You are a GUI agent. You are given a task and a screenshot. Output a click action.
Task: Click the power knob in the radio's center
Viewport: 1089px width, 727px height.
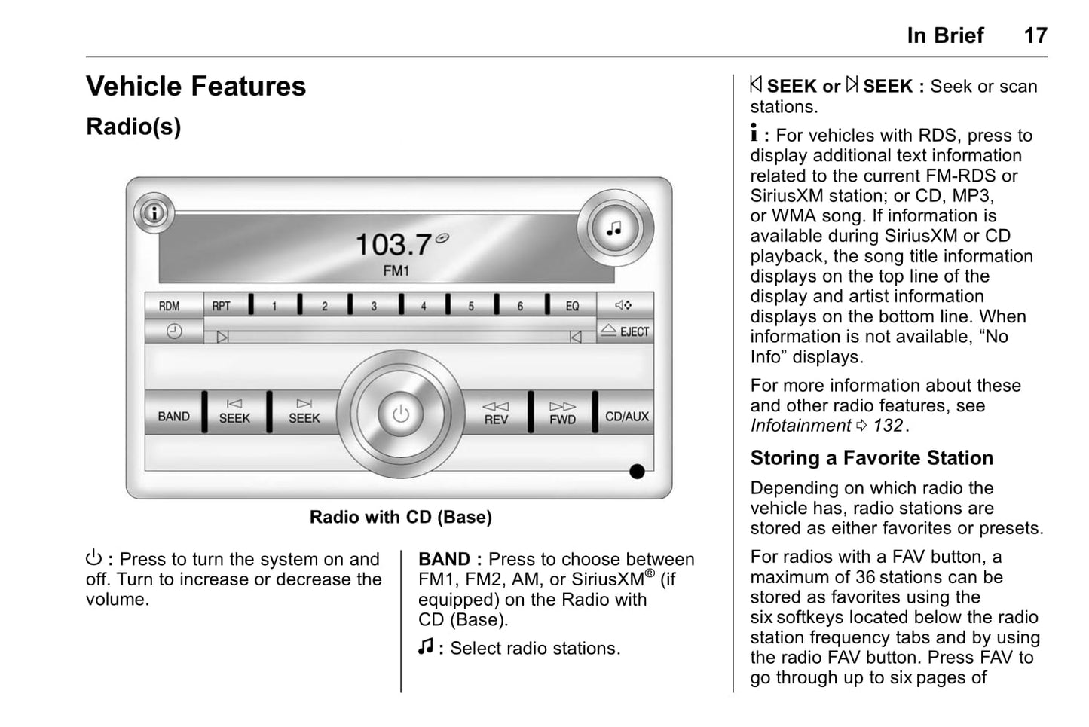tap(401, 414)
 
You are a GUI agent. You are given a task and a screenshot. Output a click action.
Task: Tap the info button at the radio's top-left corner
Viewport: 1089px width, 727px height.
tap(154, 213)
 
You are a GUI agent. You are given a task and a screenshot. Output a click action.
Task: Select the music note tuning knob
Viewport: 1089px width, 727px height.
tap(615, 228)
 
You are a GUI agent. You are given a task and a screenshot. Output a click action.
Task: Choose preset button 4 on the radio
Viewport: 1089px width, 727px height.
tap(424, 306)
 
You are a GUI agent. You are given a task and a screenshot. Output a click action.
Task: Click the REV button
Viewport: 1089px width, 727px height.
tap(496, 413)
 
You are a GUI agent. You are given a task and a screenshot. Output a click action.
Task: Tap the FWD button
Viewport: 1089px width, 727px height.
tap(562, 413)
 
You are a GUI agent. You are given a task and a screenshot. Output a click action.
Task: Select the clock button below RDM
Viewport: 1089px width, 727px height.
tap(174, 331)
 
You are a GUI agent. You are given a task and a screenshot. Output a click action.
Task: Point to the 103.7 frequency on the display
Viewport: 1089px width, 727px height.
tap(393, 244)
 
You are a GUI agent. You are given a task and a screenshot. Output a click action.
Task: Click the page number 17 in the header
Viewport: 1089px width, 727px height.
tap(1035, 35)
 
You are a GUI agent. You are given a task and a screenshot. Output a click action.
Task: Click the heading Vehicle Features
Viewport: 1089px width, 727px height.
tap(196, 87)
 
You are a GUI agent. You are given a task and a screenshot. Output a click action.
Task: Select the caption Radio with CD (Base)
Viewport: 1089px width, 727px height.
tap(401, 517)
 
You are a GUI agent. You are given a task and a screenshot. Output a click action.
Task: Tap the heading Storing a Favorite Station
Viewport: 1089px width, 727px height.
tap(872, 458)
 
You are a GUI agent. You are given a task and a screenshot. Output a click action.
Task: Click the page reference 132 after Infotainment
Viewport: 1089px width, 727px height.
tap(888, 426)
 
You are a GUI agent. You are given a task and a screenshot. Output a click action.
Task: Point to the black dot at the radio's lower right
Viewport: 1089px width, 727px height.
tap(637, 472)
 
